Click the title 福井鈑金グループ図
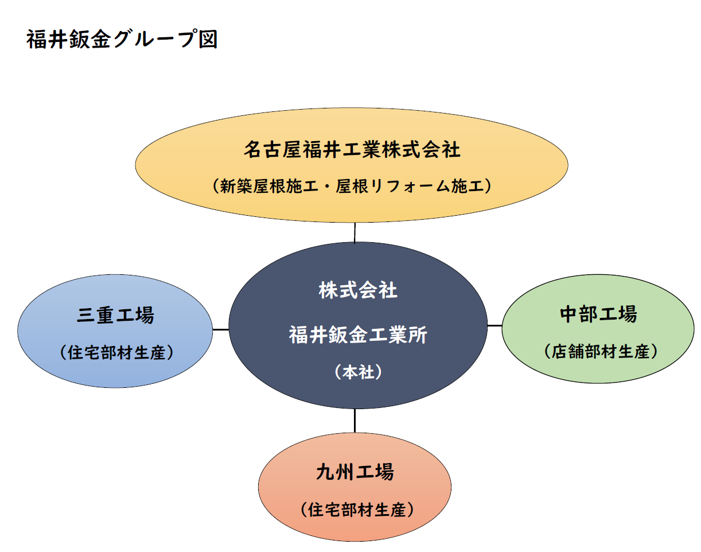122,40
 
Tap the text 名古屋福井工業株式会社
352,150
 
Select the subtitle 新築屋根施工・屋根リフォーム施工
352,186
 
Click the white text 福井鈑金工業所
358,335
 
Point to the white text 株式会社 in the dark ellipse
358,290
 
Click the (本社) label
358,372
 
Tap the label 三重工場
115,315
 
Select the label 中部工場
598,314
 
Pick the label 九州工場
355,472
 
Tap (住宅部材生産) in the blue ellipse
116,352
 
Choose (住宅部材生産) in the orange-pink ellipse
357,510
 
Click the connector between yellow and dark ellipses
355,232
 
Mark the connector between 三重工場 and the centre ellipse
220,329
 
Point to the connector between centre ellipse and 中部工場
494,325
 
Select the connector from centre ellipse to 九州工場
355,421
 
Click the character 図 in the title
208,40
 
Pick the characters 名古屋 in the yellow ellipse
272,150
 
